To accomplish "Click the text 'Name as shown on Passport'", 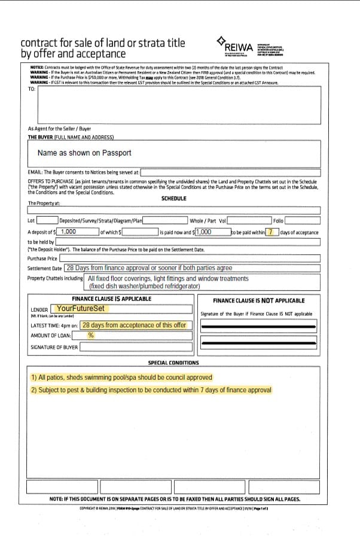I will [84, 153].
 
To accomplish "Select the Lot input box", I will [47, 220].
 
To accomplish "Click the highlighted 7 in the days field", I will [272, 232].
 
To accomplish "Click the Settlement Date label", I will [45, 268].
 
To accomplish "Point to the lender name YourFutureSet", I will [80, 309].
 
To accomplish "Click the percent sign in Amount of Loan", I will [91, 336].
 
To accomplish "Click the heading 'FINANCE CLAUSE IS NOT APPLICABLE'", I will [258, 300].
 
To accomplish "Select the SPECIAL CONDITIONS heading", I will [173, 363].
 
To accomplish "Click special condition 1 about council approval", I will [121, 377].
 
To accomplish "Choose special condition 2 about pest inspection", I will [151, 390].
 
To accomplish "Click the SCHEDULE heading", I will [173, 198].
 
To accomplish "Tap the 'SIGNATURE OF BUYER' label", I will [54, 347].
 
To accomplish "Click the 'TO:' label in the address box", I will [32, 89].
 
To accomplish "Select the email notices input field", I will [230, 172].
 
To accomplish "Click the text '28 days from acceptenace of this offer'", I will [135, 325].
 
